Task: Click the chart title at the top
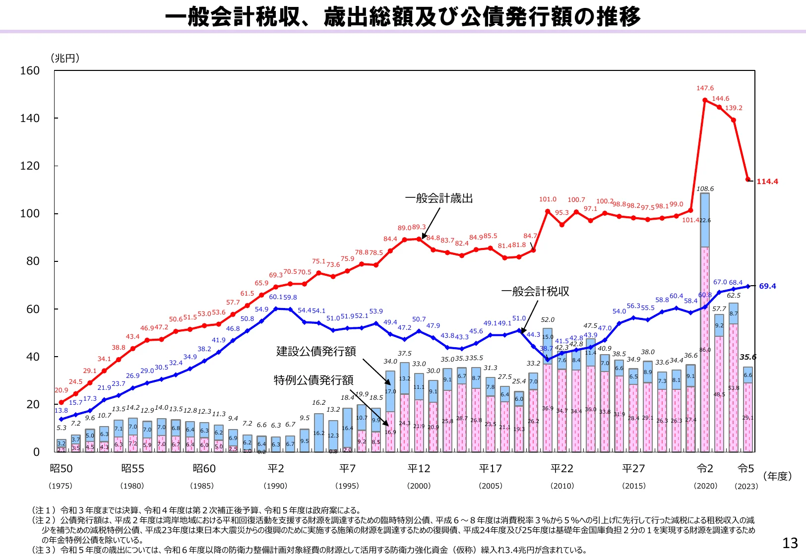pos(403,17)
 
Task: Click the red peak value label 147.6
pos(705,88)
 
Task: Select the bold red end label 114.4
pos(767,182)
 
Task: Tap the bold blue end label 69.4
pos(767,286)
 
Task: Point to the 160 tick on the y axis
pos(30,71)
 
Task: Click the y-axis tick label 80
pos(33,261)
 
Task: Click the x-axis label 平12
pos(419,469)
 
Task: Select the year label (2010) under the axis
pos(562,486)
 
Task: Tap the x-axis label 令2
pos(705,469)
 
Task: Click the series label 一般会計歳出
pos(439,199)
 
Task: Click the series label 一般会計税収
pos(535,292)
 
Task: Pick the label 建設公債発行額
pos(316,352)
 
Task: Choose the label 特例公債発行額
pos(313,380)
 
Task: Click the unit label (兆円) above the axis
pos(64,59)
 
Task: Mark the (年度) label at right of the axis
pos(777,477)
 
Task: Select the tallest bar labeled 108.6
pos(705,322)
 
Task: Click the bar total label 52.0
pos(548,320)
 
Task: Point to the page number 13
pos(790,544)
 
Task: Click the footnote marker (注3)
pos(45,550)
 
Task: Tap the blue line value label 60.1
pos(275,297)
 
